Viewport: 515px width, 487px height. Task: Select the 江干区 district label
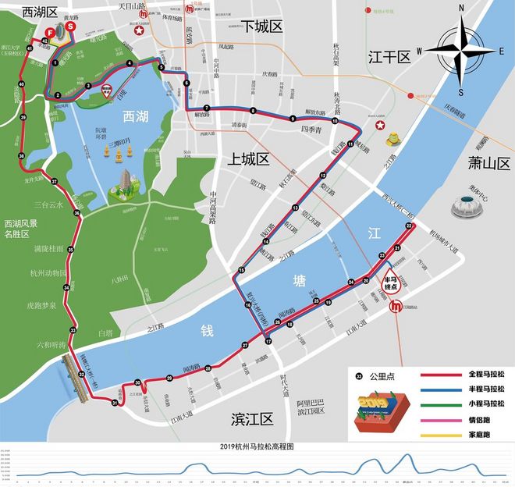[389, 56]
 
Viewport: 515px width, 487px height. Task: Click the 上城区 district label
[248, 159]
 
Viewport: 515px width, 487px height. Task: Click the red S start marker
[71, 26]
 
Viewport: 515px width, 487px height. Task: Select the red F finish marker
[49, 33]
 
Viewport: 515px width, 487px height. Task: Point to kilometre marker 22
[409, 226]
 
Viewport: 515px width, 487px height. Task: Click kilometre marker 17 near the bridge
[267, 342]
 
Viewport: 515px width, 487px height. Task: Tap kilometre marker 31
[115, 403]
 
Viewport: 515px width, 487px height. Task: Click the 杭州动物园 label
[49, 273]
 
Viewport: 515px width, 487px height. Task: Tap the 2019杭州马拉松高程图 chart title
[257, 446]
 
